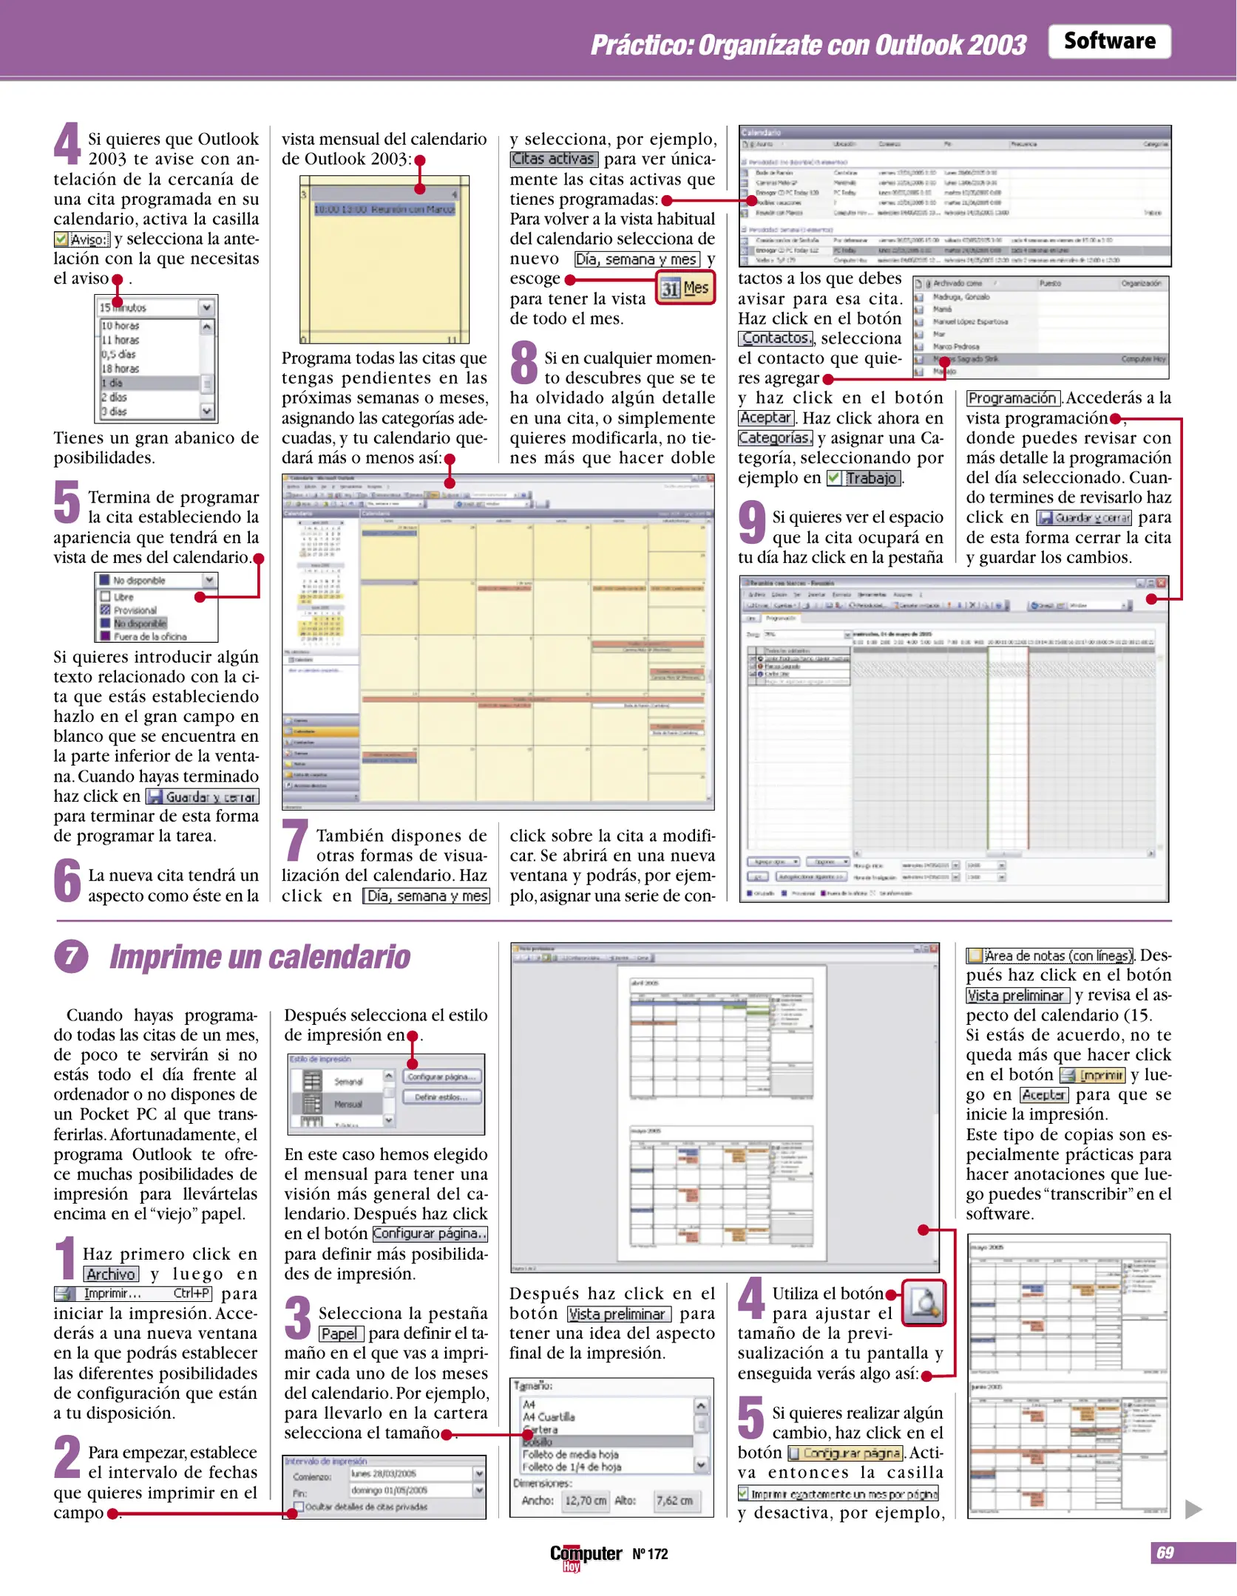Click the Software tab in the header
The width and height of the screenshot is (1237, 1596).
[1109, 41]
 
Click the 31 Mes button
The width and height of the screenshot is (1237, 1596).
[685, 287]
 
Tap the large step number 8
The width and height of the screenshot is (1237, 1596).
[524, 362]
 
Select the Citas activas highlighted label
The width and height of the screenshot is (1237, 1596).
[554, 159]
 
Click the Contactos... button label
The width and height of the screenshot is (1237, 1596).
[776, 338]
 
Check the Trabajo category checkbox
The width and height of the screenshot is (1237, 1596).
[834, 478]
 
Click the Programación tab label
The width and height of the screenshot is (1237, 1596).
[1012, 398]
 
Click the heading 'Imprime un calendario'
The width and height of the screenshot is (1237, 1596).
[260, 956]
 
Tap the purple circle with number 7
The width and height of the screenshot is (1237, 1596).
[71, 956]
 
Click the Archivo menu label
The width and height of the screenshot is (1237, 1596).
[111, 1274]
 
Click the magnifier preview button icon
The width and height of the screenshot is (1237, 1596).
[923, 1303]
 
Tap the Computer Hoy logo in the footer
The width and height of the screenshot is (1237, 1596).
[585, 1555]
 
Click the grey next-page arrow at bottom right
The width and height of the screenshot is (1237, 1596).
[1193, 1509]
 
